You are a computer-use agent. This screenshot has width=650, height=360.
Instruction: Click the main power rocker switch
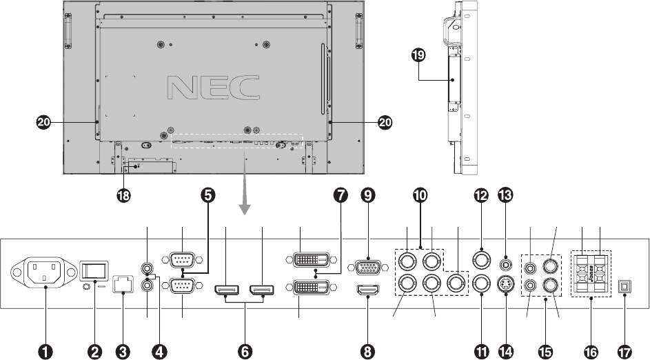pos(94,269)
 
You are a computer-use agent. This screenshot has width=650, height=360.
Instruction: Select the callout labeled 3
pos(124,351)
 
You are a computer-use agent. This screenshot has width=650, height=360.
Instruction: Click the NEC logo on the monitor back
pos(214,87)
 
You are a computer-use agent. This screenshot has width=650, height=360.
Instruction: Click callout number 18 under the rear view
pos(124,196)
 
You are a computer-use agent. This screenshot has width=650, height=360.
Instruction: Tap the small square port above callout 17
pos(624,285)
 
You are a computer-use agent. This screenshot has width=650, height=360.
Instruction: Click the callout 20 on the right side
pos(385,122)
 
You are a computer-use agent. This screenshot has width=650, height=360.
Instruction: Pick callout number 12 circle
pos(480,196)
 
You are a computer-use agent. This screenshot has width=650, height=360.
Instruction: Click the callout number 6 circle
pos(245,351)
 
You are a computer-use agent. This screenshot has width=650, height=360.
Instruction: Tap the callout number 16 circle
pos(591,351)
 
